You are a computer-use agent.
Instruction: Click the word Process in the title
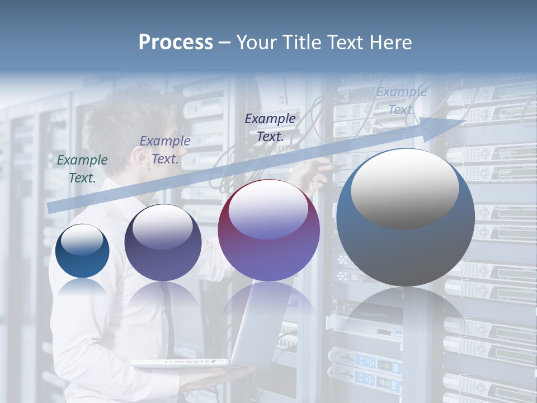click(x=176, y=43)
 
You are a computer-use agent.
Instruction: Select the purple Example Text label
click(x=165, y=150)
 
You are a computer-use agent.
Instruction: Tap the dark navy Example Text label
click(x=270, y=127)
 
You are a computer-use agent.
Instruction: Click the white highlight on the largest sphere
click(x=404, y=188)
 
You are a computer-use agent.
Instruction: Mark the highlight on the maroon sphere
click(x=268, y=208)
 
